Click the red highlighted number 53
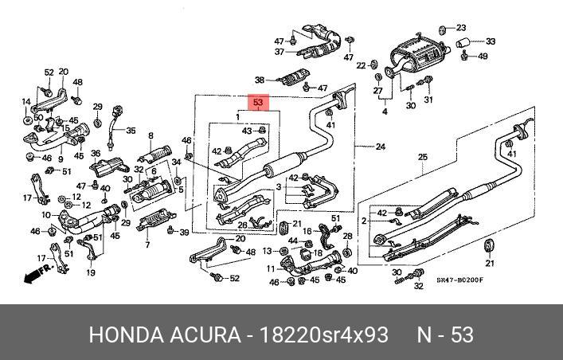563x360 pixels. point(257,104)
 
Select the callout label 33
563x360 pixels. point(490,41)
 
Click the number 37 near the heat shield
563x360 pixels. point(280,52)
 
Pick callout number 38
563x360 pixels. point(259,80)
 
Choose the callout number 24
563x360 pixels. point(380,147)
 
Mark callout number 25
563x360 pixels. point(423,157)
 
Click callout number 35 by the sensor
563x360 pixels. point(131,131)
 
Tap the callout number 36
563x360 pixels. point(96,154)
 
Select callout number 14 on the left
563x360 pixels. point(25,101)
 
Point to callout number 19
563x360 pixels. point(90,273)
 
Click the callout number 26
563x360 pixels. point(243,225)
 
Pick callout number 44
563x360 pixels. point(293,241)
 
